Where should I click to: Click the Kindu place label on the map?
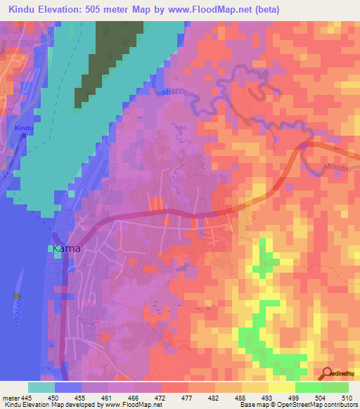(x=24, y=128)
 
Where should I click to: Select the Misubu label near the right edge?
(x=336, y=168)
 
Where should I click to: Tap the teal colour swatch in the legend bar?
(x=41, y=387)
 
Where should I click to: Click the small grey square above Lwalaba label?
(x=16, y=296)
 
